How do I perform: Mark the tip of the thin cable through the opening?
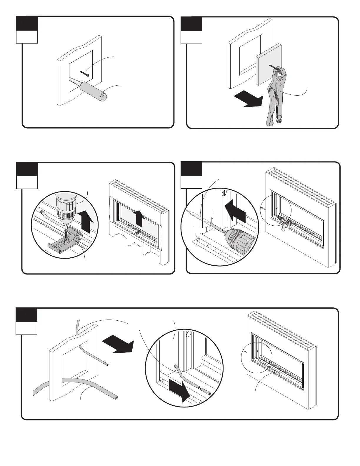(x=108, y=365)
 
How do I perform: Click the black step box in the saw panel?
(x=27, y=23)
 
